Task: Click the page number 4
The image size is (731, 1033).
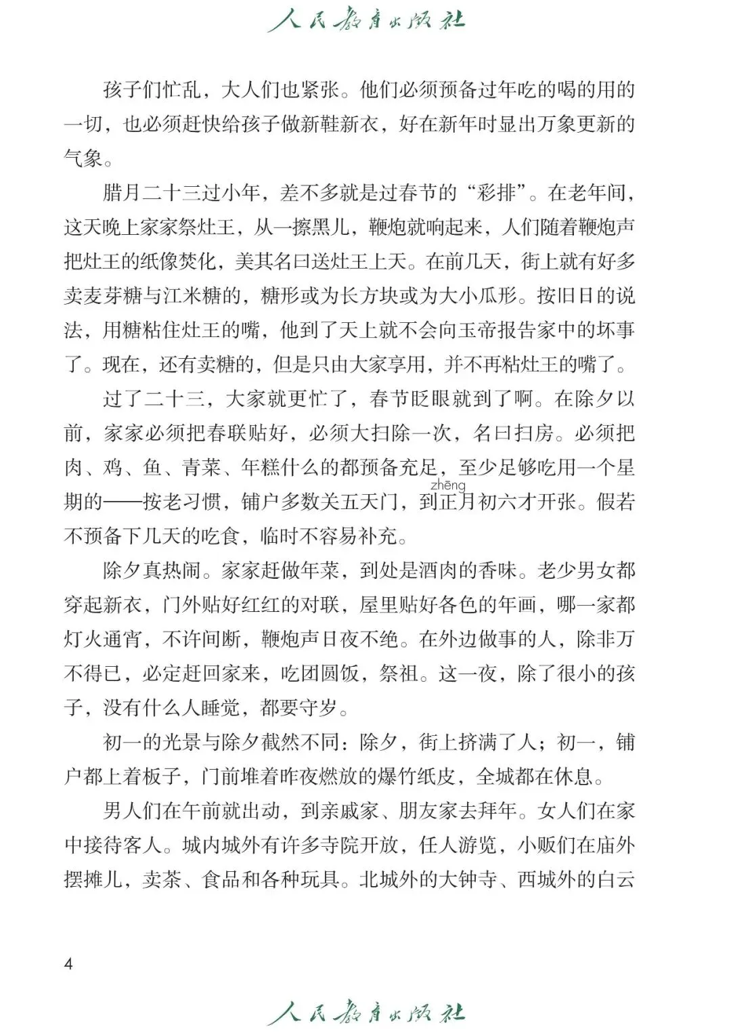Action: pyautogui.click(x=68, y=963)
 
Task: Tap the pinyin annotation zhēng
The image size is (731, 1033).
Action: pyautogui.click(x=447, y=485)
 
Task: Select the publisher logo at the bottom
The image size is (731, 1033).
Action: pyautogui.click(x=366, y=1013)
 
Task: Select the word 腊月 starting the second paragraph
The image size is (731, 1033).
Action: pyautogui.click(x=122, y=193)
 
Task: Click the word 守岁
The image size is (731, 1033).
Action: pyautogui.click(x=319, y=708)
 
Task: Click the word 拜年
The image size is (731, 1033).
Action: pyautogui.click(x=497, y=811)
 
